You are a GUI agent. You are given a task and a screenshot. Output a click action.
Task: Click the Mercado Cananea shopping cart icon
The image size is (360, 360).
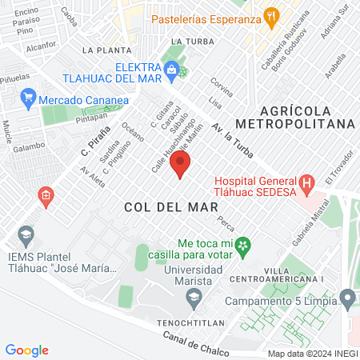pyautogui.click(x=28, y=100)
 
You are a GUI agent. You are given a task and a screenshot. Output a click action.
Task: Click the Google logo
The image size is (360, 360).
pyautogui.click(x=27, y=350)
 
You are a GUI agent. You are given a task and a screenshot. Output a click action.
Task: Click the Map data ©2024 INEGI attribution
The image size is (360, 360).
pyautogui.click(x=312, y=353)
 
